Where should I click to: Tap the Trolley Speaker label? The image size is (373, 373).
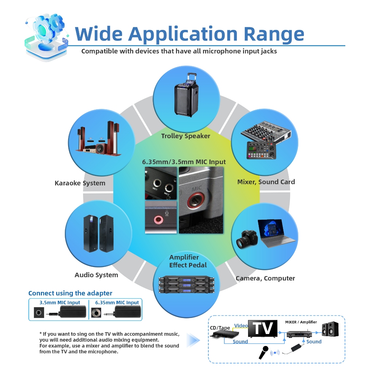point(185,136)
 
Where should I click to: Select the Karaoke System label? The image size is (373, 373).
point(80,183)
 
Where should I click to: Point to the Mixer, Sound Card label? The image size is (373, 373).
point(266,182)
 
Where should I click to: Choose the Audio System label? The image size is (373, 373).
point(96,275)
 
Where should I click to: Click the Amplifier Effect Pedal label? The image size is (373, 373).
point(188,261)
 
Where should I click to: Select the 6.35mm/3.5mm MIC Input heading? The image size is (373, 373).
point(184,162)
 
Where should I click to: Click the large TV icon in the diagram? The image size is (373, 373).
point(263,329)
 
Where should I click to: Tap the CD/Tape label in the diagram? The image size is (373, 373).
point(220,328)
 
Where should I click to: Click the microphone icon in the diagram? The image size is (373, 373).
point(264,352)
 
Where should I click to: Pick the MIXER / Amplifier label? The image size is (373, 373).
point(301,322)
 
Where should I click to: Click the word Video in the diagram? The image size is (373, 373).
point(241,325)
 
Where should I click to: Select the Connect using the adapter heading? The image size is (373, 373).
point(70,293)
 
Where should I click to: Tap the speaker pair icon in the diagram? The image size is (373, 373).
point(330,329)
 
